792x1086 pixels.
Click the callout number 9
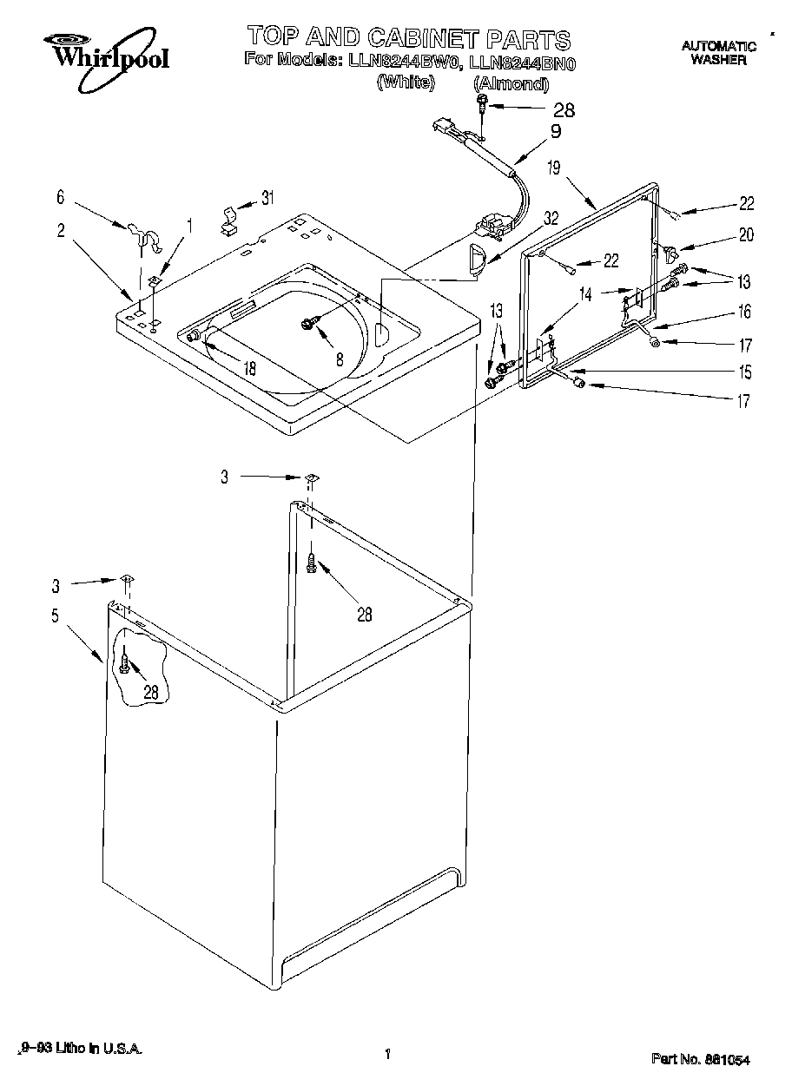coord(556,132)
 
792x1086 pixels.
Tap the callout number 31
coord(267,198)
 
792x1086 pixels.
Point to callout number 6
coord(61,198)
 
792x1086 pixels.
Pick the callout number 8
coord(340,358)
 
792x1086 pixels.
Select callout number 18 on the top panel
coord(250,367)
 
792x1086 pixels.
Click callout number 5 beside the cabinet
coord(55,615)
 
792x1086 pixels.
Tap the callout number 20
coord(746,234)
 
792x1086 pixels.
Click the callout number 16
coord(745,312)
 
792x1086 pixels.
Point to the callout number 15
coord(745,372)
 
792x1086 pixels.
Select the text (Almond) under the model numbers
coord(511,83)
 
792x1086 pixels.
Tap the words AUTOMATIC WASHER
coord(718,53)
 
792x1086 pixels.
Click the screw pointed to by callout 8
coord(307,323)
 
